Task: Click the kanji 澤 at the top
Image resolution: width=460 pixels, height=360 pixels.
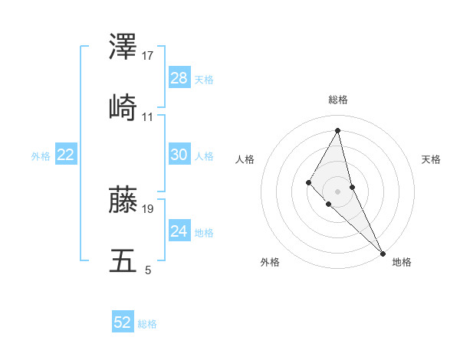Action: click(x=123, y=47)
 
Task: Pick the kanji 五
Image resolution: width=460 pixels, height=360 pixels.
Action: click(x=123, y=260)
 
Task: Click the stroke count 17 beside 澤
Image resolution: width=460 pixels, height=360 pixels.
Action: click(x=148, y=56)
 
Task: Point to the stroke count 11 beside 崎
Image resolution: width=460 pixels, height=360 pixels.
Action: click(x=148, y=117)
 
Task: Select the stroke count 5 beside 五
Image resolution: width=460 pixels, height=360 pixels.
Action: click(x=147, y=270)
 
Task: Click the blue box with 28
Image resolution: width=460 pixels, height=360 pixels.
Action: click(x=179, y=78)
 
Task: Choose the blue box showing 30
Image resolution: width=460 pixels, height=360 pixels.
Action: click(x=179, y=155)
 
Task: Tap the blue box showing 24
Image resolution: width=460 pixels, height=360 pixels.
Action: click(x=179, y=231)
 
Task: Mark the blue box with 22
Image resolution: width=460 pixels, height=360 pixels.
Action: click(x=66, y=155)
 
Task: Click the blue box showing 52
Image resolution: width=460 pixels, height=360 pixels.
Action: click(x=123, y=322)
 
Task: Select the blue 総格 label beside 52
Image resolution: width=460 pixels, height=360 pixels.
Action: click(x=147, y=324)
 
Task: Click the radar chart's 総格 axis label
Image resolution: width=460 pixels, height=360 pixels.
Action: click(x=338, y=100)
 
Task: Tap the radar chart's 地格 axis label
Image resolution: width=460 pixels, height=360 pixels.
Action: click(x=402, y=262)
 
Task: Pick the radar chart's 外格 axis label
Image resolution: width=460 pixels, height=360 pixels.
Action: click(x=270, y=262)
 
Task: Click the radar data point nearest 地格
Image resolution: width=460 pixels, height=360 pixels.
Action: click(x=383, y=253)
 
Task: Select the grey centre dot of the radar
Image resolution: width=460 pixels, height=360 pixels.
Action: click(x=337, y=191)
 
